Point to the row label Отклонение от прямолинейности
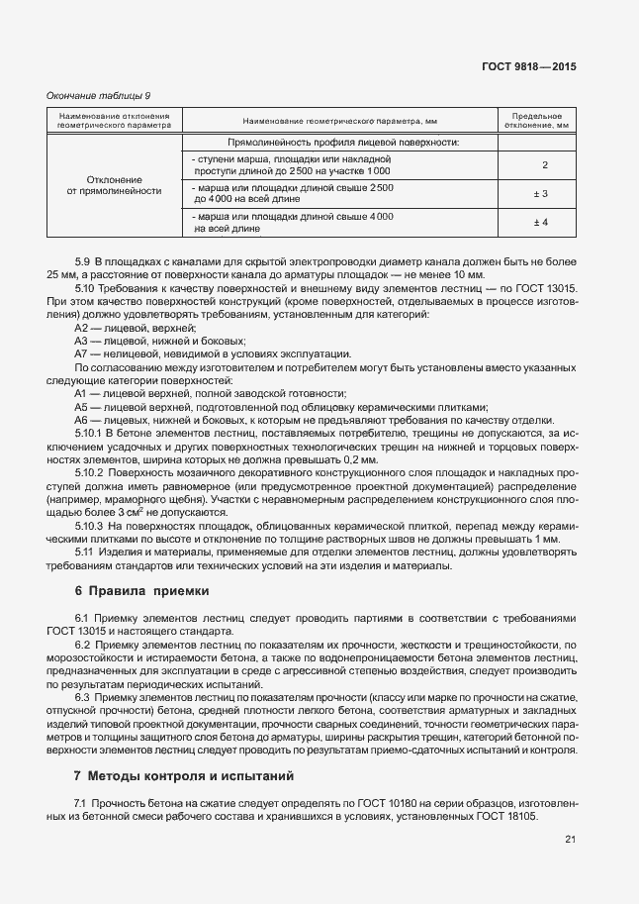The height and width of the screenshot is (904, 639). (x=114, y=185)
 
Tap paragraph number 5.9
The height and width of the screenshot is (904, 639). (x=83, y=260)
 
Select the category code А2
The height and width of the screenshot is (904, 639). (x=82, y=327)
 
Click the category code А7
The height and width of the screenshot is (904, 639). (x=82, y=353)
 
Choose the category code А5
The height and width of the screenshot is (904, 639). (x=82, y=407)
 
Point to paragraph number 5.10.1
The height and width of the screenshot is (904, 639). (x=91, y=434)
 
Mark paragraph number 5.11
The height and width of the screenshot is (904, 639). (x=85, y=552)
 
